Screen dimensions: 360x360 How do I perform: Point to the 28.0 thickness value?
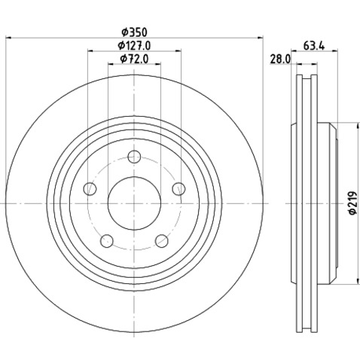(280, 59)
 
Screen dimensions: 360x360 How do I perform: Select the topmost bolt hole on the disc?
(134, 157)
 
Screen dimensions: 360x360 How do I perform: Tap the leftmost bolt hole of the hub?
(90, 189)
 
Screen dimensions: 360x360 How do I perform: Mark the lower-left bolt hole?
(107, 241)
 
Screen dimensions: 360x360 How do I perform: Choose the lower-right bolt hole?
(161, 241)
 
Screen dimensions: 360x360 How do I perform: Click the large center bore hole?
(134, 203)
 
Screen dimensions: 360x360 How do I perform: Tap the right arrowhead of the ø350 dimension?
(263, 38)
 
